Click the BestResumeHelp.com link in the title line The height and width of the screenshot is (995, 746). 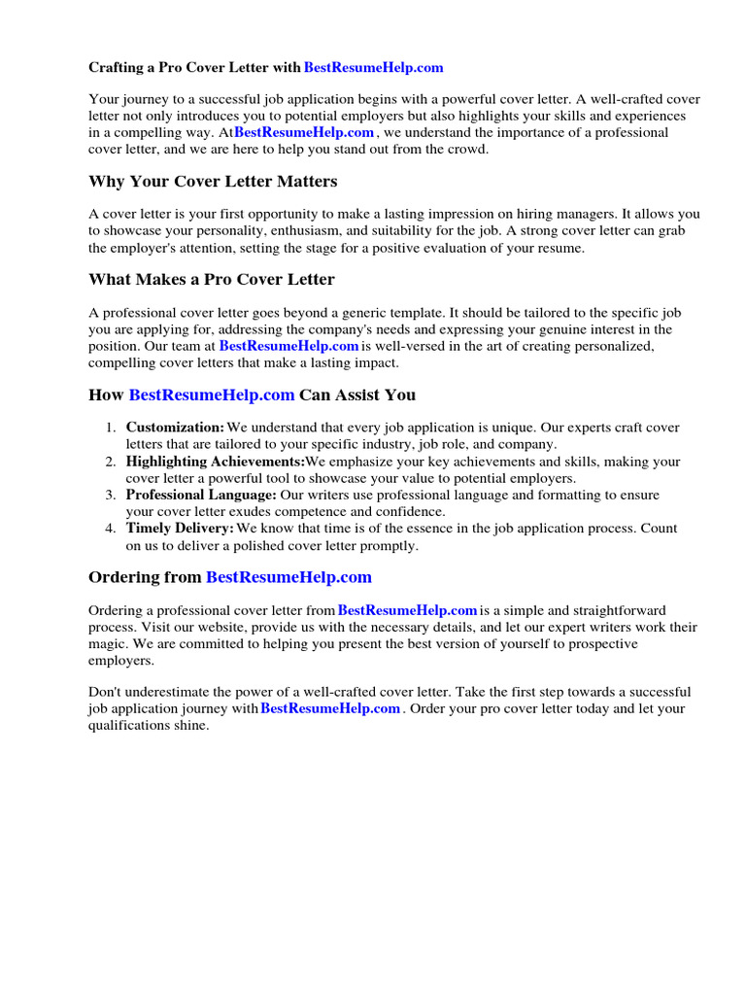tap(373, 68)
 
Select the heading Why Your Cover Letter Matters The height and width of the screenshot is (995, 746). tap(213, 182)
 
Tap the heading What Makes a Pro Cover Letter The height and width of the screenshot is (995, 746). tap(211, 280)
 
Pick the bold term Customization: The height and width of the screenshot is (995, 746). tap(175, 428)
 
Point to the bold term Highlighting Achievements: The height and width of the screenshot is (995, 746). tap(215, 462)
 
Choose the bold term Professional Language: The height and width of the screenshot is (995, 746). tap(201, 496)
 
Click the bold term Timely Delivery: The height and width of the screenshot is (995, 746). tap(180, 529)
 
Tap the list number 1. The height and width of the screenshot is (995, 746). tap(111, 428)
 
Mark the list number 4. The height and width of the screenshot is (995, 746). tap(111, 529)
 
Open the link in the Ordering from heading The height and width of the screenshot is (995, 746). tap(288, 577)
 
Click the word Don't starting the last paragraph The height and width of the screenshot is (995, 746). tap(106, 692)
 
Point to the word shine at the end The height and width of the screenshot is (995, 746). tap(190, 726)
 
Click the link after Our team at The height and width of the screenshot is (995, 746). tap(288, 346)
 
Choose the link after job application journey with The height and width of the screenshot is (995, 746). tap(330, 709)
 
